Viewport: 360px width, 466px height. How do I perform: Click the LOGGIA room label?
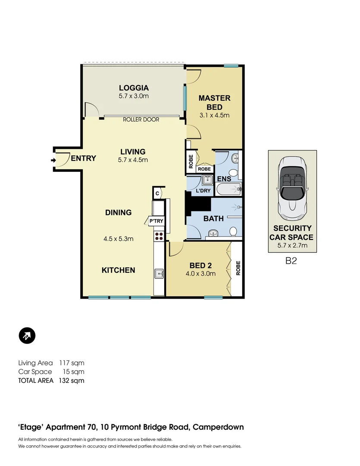pyautogui.click(x=134, y=86)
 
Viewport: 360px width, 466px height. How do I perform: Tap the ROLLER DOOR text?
pyautogui.click(x=141, y=120)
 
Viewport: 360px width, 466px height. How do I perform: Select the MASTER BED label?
pyautogui.click(x=214, y=102)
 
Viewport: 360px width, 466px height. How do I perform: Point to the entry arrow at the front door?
pyautogui.click(x=53, y=161)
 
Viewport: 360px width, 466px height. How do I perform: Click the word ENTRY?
pyautogui.click(x=83, y=158)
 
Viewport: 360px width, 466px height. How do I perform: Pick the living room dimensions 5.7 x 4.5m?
pyautogui.click(x=133, y=160)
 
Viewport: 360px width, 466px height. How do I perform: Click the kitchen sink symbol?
pyautogui.click(x=159, y=273)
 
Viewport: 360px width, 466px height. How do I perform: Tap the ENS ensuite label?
pyautogui.click(x=224, y=179)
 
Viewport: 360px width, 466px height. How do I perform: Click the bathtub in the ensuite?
pyautogui.click(x=228, y=189)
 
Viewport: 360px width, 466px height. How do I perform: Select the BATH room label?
pyautogui.click(x=213, y=218)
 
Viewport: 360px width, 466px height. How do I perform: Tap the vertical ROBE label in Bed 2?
pyautogui.click(x=238, y=268)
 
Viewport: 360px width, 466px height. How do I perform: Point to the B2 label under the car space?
pyautogui.click(x=291, y=261)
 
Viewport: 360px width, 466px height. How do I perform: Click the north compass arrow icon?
pyautogui.click(x=27, y=335)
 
